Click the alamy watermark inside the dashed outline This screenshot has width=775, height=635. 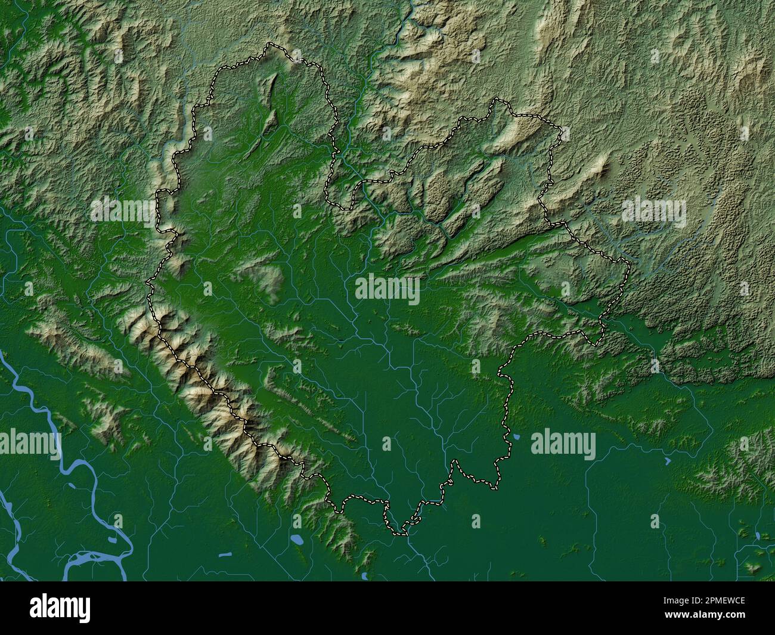tap(387, 289)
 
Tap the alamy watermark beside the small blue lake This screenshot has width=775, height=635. tap(563, 445)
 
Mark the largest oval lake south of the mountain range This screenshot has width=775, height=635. tap(296, 541)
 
